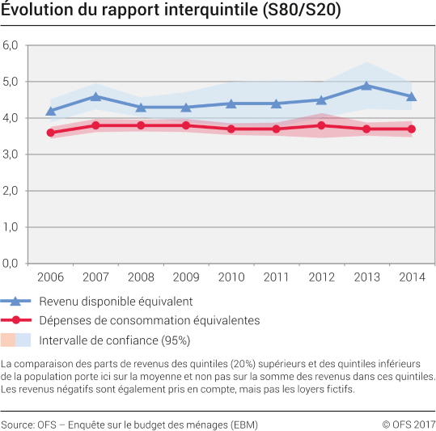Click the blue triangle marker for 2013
click(366, 86)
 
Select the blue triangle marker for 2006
click(51, 112)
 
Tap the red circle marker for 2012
click(321, 125)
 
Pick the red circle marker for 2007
click(95, 125)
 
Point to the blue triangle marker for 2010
click(231, 104)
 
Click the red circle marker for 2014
click(412, 129)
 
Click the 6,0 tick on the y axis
click(11, 45)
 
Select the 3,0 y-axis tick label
click(11, 154)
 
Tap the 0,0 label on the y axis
click(11, 264)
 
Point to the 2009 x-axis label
click(186, 277)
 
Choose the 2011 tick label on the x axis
click(276, 277)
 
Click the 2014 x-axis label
click(412, 277)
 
